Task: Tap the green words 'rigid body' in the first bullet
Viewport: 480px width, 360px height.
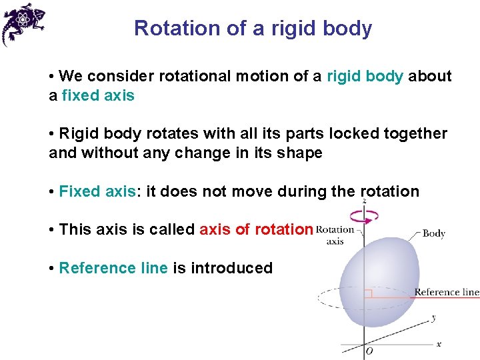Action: coord(365,77)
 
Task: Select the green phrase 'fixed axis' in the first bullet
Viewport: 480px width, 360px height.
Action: coord(98,96)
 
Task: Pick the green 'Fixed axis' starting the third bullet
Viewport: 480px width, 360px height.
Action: coord(97,192)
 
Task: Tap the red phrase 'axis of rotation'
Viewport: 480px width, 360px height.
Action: coord(256,230)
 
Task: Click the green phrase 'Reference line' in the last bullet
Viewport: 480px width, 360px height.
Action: coord(113,268)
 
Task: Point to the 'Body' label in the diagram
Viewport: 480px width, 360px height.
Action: coord(434,233)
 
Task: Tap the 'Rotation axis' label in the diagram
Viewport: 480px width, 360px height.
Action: coord(335,235)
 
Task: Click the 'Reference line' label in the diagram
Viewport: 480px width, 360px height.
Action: coord(447,292)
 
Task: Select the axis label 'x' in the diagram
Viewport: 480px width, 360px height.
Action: coord(438,343)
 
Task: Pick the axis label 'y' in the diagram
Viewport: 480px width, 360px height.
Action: coord(433,318)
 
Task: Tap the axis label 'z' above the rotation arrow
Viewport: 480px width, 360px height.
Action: coord(363,200)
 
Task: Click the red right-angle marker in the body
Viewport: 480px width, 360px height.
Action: coord(367,293)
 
